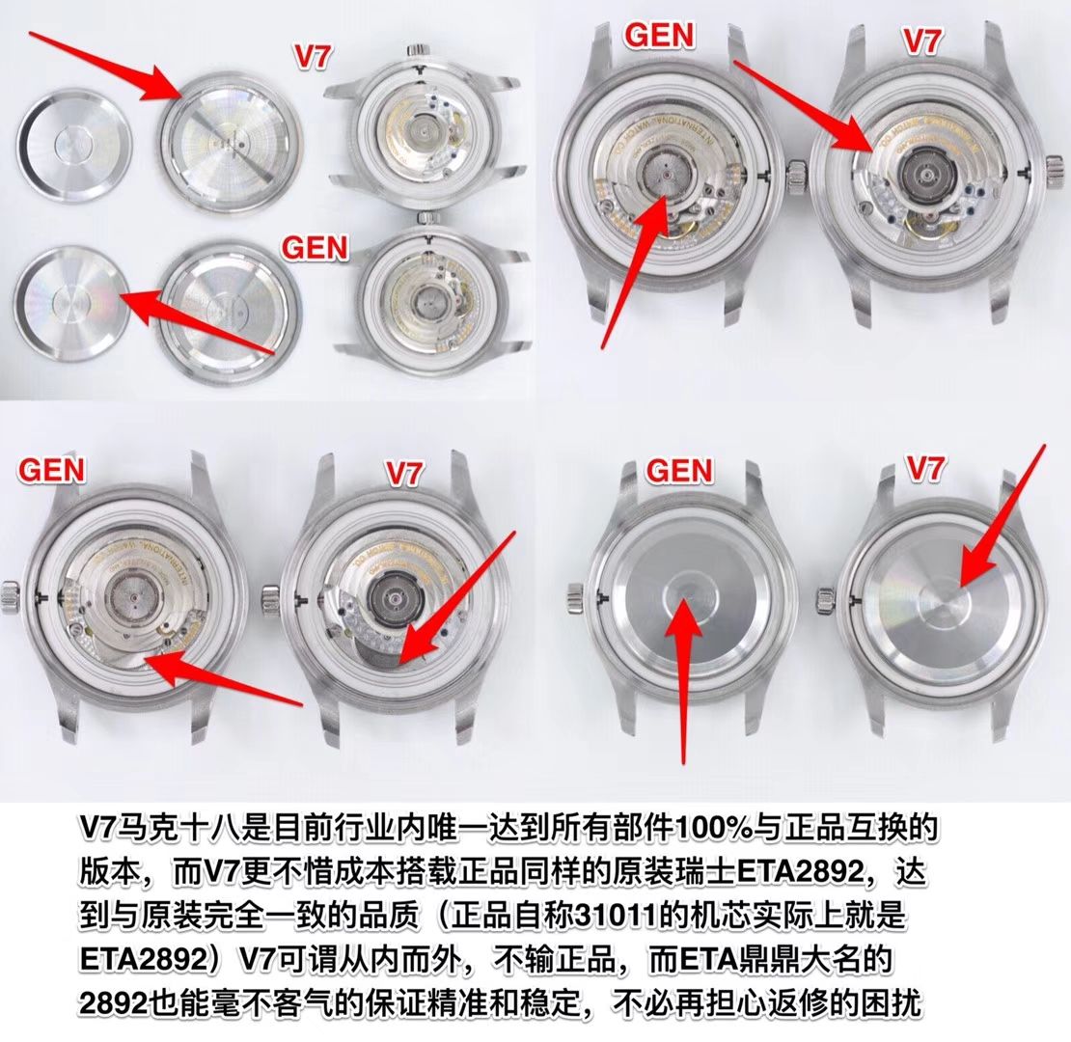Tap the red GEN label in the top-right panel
(x=660, y=36)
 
